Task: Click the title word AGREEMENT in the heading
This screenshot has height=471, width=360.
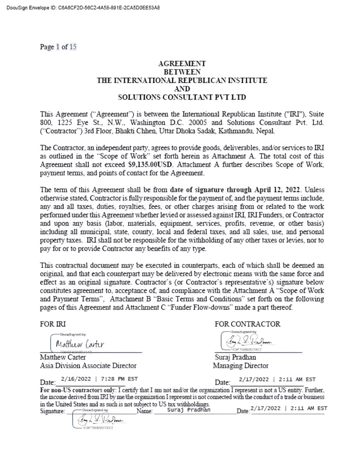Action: pyautogui.click(x=182, y=64)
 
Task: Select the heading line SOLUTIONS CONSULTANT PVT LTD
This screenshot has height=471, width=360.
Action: pyautogui.click(x=182, y=97)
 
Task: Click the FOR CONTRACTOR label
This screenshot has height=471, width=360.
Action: pyautogui.click(x=247, y=324)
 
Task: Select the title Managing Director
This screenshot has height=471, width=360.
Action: pyautogui.click(x=240, y=366)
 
